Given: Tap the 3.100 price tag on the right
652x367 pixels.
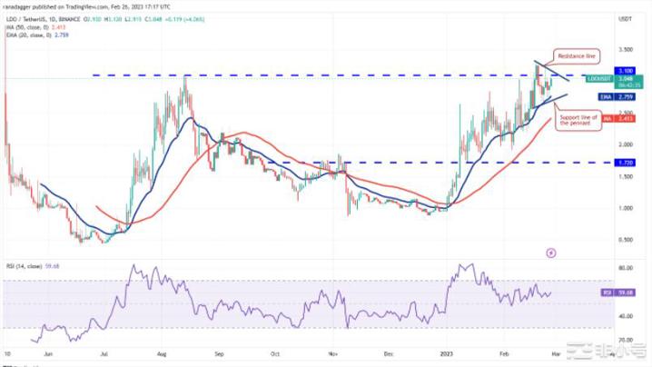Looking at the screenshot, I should click(x=625, y=70).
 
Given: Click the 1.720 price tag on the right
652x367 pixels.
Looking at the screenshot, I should click(x=625, y=163).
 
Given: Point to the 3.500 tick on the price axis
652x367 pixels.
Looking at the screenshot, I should click(x=624, y=49).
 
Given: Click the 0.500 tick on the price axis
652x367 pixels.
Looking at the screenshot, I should click(x=624, y=240).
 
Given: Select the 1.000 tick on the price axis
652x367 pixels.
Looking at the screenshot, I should click(x=624, y=208).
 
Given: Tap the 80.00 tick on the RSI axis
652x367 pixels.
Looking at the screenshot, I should click(x=625, y=269).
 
